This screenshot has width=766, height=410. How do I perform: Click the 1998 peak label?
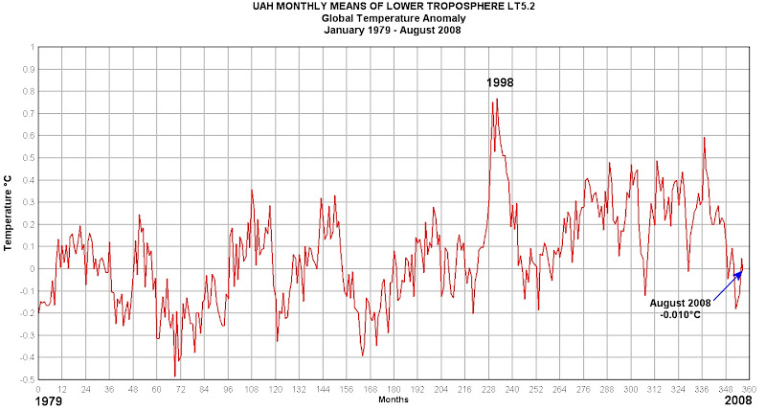[x=499, y=82]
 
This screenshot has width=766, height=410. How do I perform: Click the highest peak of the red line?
[x=497, y=100]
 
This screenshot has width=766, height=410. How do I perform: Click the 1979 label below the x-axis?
[x=21, y=402]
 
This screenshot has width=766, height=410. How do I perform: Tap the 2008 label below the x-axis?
[x=738, y=402]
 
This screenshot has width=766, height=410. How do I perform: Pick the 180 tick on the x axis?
[x=393, y=389]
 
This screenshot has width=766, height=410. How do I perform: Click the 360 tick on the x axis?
[x=748, y=389]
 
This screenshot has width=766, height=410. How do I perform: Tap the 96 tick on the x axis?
[x=228, y=389]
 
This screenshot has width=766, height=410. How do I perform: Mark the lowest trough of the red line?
[x=175, y=376]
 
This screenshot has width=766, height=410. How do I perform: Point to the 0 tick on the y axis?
[x=31, y=268]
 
